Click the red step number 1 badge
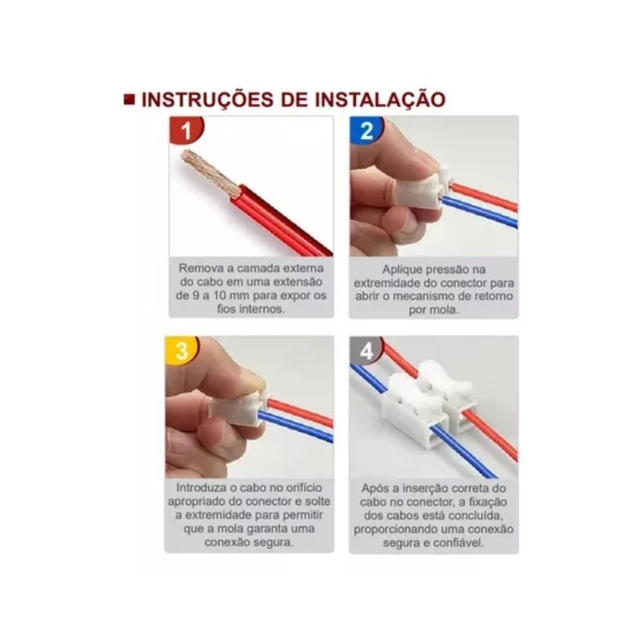186,130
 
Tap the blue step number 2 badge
366,130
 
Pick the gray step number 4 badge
366,351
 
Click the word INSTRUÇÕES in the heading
207,100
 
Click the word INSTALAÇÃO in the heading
381,100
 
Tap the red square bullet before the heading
129,100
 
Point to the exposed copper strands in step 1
209,172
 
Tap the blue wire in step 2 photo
479,211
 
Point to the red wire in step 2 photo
484,197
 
